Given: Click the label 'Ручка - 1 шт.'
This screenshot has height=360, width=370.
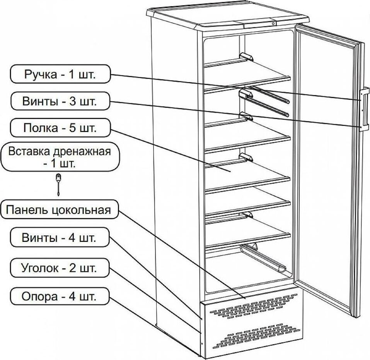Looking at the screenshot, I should click(x=60, y=74).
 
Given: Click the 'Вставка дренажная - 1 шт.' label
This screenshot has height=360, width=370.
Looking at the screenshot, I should click(x=60, y=157).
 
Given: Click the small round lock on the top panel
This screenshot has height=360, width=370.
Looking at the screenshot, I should click(x=273, y=23).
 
